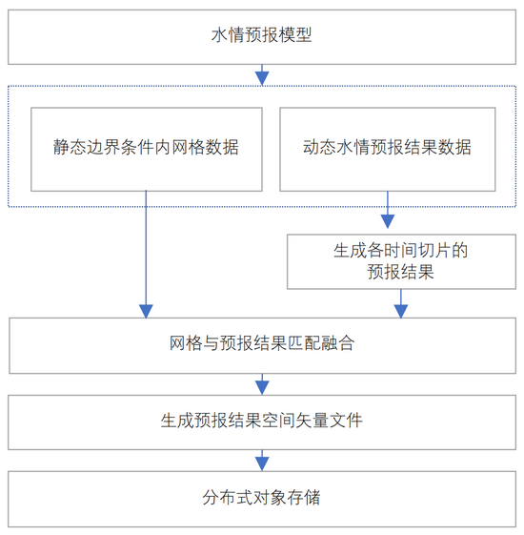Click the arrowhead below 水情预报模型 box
pos(262,78)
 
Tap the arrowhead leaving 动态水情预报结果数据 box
pos(388,221)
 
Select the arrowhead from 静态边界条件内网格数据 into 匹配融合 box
pos(146,311)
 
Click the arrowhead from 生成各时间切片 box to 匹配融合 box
pos(401,311)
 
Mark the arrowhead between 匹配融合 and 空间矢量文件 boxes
pos(262,388)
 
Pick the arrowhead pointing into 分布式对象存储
pos(262,464)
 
